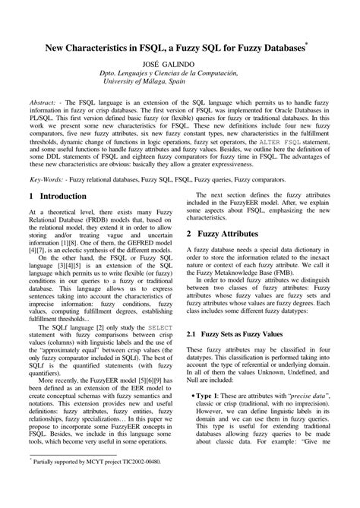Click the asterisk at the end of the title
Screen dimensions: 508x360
coord(307,44)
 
